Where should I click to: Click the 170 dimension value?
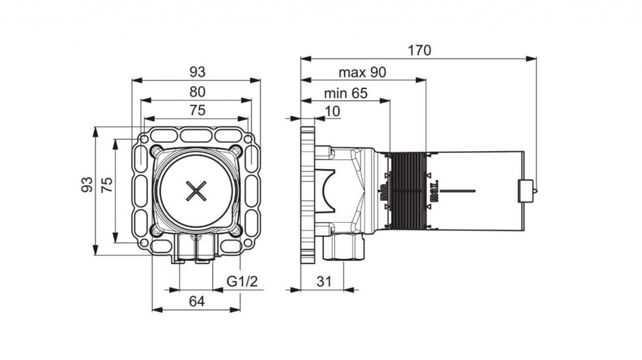(x=419, y=50)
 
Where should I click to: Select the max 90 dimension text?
(x=362, y=71)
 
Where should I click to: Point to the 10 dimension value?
(x=332, y=111)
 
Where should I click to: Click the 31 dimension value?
(x=323, y=282)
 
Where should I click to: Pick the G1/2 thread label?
(x=242, y=282)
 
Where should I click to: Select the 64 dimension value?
(x=197, y=301)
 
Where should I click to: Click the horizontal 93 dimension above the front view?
(x=197, y=71)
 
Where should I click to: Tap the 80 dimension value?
(x=197, y=91)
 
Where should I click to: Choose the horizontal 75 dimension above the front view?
(x=197, y=110)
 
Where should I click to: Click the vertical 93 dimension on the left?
(x=87, y=184)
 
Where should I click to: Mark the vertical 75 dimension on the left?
(x=107, y=184)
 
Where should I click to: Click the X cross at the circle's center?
(x=197, y=191)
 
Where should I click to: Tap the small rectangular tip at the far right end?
(x=525, y=191)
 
